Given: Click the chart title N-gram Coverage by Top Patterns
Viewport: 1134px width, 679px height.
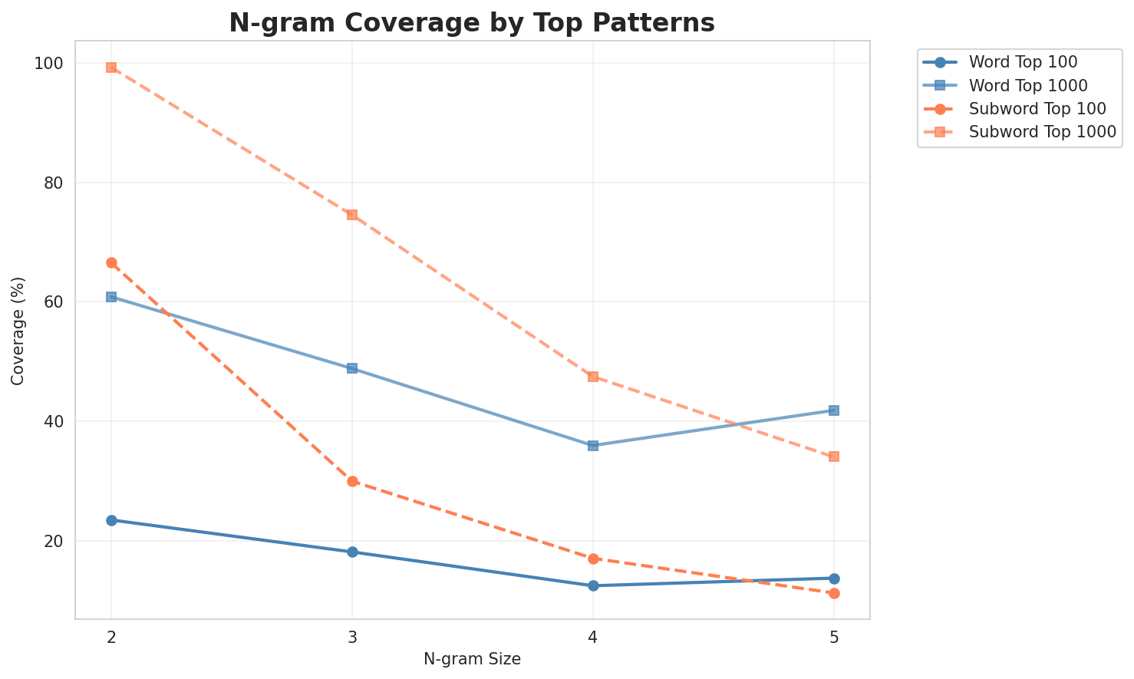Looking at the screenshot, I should (x=472, y=23).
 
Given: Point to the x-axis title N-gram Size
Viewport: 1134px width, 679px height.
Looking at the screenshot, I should (x=472, y=660).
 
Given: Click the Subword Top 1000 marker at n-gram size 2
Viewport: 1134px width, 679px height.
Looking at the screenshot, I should (x=111, y=68).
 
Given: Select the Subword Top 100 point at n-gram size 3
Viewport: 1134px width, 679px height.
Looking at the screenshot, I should (x=352, y=482).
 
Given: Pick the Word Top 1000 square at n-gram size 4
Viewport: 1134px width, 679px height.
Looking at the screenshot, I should (x=593, y=446).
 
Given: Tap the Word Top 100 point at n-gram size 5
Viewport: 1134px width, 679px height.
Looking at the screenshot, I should (x=834, y=578).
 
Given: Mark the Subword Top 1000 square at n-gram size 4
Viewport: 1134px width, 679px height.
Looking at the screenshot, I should (x=593, y=377).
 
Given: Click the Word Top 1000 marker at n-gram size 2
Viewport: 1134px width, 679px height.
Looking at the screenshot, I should (x=111, y=297).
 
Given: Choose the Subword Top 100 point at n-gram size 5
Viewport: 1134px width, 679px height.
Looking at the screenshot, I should (x=834, y=593).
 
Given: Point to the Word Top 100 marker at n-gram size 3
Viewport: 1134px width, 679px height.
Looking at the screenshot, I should (x=352, y=552).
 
